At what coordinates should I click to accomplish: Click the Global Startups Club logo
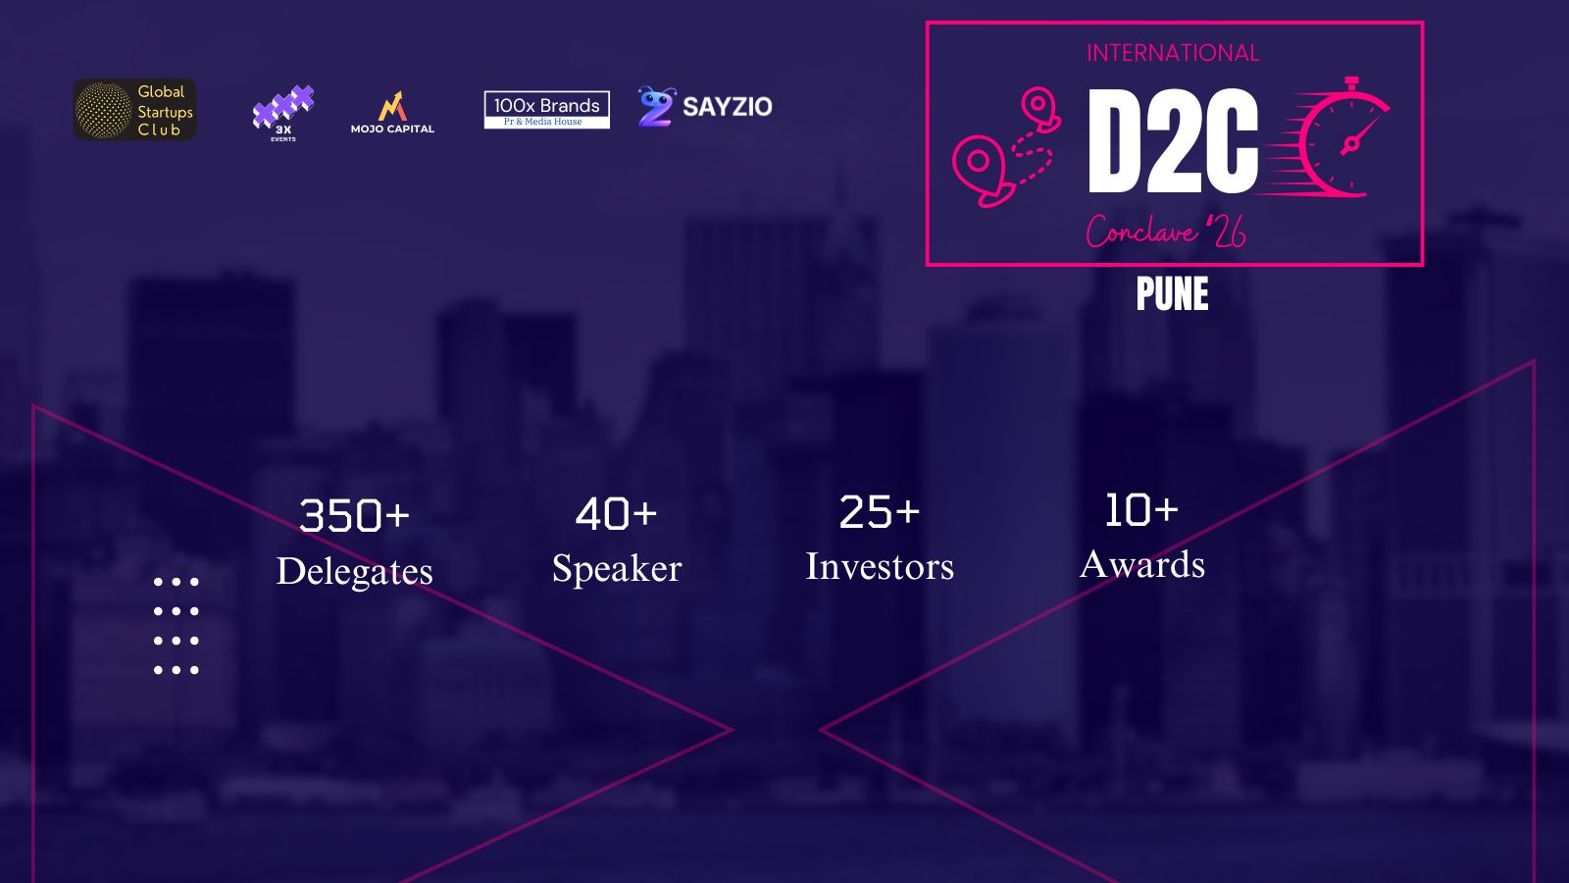134,109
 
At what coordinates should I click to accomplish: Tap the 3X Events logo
283,114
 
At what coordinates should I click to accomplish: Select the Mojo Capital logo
392,112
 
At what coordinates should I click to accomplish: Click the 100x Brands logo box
546,109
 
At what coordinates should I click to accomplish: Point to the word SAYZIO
727,107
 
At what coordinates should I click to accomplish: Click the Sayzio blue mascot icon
656,107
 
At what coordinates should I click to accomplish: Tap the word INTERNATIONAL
1173,53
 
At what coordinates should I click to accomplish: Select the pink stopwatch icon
1328,138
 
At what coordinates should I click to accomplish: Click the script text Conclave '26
1166,231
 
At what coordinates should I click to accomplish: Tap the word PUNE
1173,293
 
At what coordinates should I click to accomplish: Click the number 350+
354,516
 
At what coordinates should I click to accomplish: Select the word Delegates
354,572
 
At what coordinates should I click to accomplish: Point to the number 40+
617,514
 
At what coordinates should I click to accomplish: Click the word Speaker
617,568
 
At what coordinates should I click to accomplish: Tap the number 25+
880,511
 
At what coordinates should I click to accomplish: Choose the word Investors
880,566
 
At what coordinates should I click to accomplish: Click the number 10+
1141,509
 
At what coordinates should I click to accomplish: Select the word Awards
1142,564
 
